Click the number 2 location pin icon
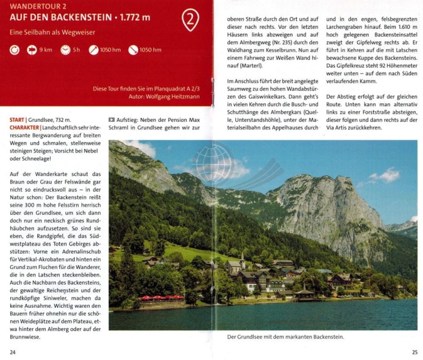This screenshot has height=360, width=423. (x=190, y=20)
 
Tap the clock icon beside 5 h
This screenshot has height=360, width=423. (x=65, y=50)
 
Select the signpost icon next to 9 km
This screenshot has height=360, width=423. (x=32, y=50)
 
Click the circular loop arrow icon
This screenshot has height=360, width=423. (x=15, y=50)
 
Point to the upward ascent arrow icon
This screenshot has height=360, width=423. (x=93, y=50)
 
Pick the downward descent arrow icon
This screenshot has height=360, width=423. (x=133, y=50)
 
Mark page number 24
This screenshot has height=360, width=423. (x=13, y=352)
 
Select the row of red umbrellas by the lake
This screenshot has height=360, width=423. (x=161, y=297)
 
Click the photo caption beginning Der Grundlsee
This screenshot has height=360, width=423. (x=285, y=337)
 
